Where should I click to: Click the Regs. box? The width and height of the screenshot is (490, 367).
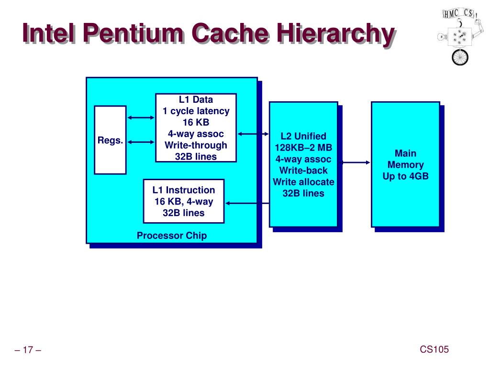(110, 140)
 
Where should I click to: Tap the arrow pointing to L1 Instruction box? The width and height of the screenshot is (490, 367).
(246, 203)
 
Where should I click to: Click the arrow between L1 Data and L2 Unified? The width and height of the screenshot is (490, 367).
(253, 134)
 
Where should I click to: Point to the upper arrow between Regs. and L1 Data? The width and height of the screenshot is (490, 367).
(141, 118)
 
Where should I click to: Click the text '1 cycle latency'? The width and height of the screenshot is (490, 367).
(196, 111)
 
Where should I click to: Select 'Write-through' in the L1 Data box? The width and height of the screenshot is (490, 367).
(196, 145)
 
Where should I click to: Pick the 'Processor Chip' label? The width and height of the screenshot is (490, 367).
(172, 236)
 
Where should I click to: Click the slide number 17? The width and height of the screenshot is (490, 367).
(28, 350)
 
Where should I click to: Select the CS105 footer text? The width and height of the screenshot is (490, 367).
(434, 350)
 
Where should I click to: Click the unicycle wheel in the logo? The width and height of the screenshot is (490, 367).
(460, 57)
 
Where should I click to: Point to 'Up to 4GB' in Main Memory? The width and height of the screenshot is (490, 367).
(405, 176)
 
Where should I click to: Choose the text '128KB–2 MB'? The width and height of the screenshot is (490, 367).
(303, 148)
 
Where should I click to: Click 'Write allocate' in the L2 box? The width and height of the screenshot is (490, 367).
(303, 182)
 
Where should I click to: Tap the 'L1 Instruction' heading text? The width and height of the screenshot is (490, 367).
(184, 190)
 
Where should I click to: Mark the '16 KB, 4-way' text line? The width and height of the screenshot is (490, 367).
(184, 202)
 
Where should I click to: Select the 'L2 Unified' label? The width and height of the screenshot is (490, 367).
(303, 136)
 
